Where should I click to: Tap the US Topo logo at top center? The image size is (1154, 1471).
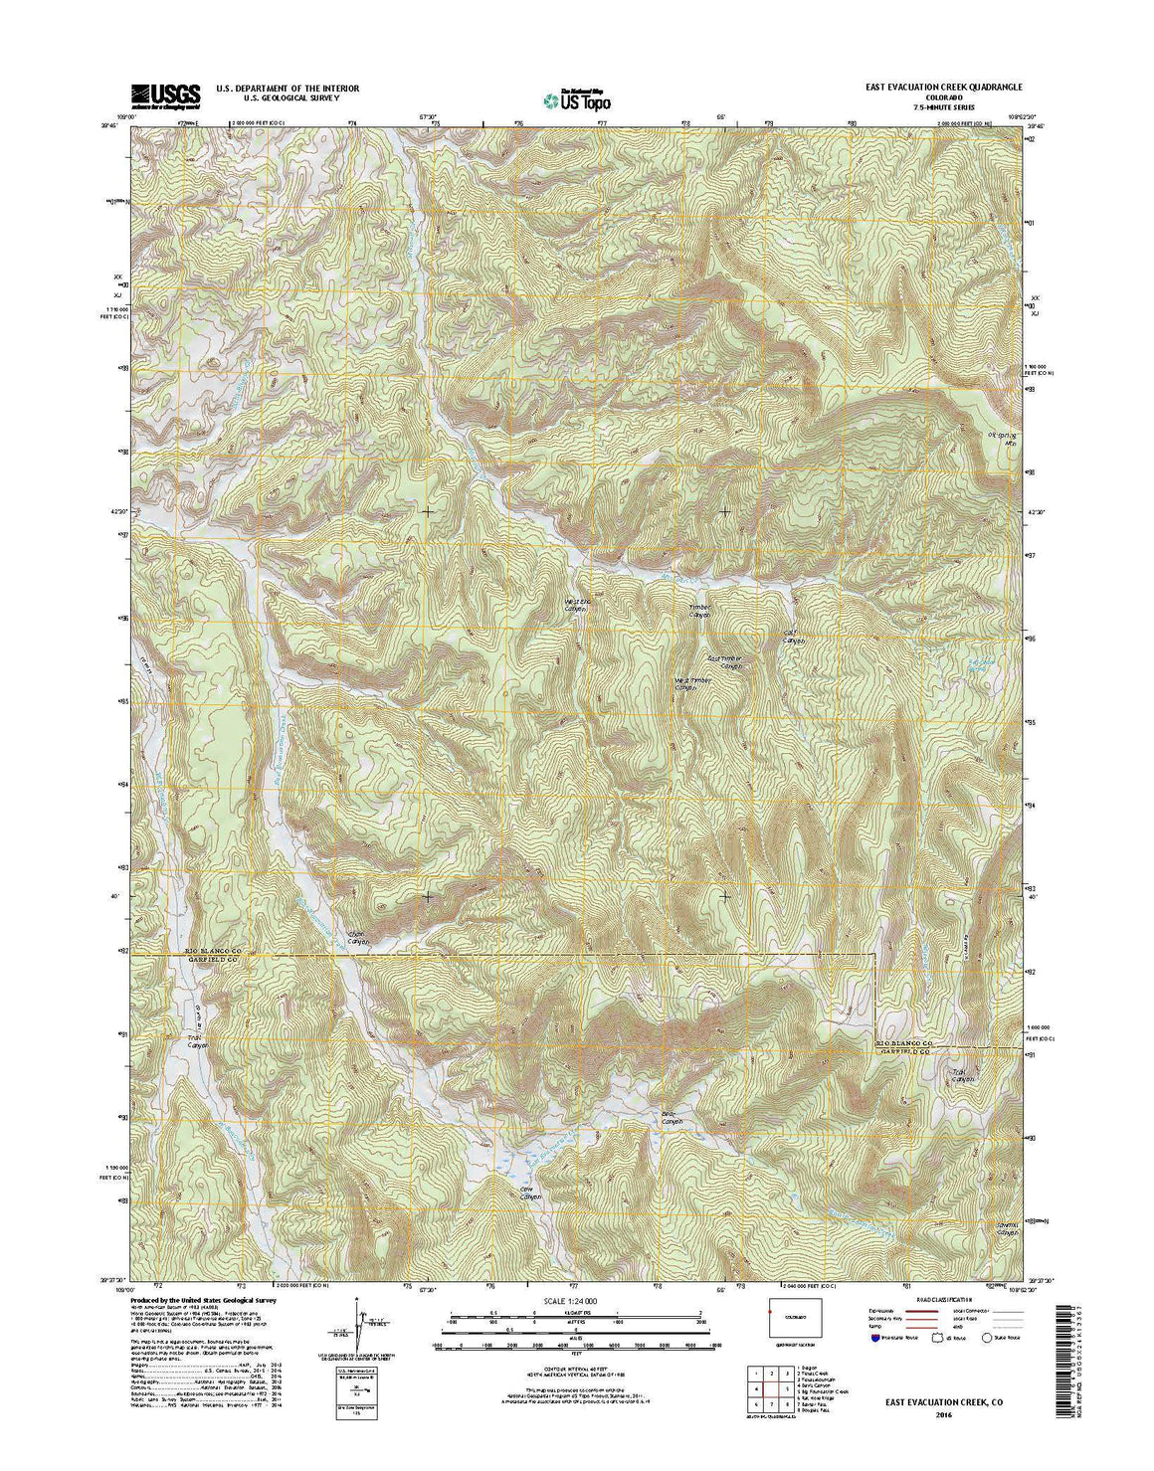click(578, 98)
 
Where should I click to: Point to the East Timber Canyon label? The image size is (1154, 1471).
click(725, 661)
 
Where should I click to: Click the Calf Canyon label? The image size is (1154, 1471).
click(793, 637)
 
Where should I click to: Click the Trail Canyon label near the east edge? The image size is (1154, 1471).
click(961, 1075)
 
